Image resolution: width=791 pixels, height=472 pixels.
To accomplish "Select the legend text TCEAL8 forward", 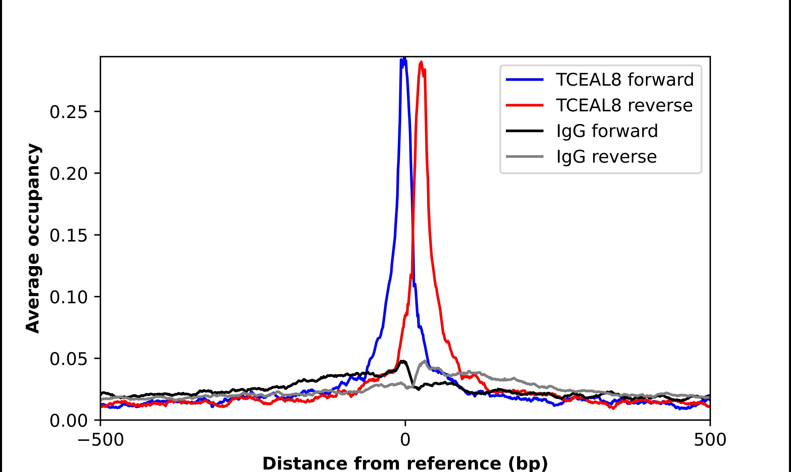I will (625, 80).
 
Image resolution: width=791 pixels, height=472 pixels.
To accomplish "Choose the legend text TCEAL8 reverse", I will (624, 105).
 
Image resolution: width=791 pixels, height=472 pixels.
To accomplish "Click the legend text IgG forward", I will (607, 131).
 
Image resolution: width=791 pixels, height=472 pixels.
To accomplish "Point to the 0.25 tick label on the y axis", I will (68, 112).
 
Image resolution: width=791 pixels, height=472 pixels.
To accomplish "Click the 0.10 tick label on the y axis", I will (68, 297).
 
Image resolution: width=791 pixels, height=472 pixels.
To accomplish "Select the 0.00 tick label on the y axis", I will (68, 421).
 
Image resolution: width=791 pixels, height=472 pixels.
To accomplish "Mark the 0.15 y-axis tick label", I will (68, 236).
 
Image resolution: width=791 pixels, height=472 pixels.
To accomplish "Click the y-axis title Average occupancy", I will (33, 239).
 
